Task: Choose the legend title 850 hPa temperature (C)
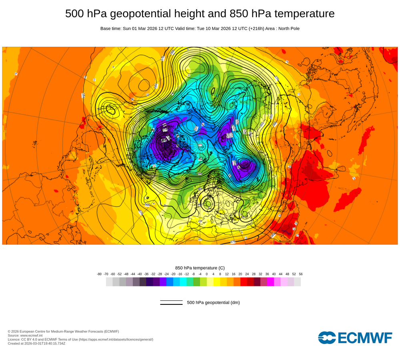coord(200,268)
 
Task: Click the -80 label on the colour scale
coord(99,274)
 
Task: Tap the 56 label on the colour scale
coord(300,274)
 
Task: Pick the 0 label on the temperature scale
coord(206,274)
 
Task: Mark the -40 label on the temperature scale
coord(140,274)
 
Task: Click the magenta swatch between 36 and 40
coord(270,282)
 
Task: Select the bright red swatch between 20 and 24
coord(244,282)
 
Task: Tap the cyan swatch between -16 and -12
coord(183,282)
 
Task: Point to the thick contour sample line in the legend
coord(171,304)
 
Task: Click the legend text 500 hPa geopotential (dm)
coord(213,302)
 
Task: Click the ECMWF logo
coord(355,338)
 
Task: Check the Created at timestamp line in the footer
coord(36,343)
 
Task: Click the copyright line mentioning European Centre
coord(63,331)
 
